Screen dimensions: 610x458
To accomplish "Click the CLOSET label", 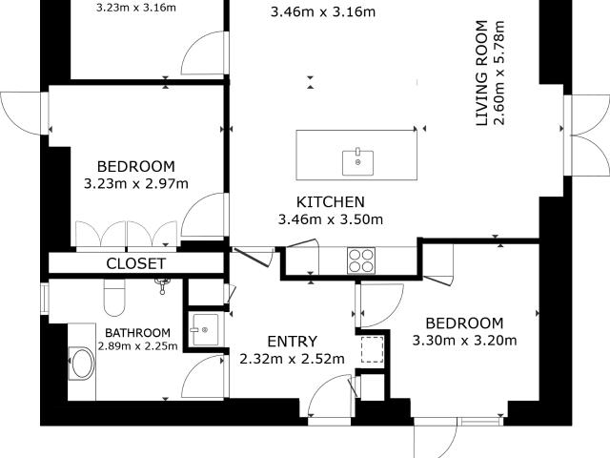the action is pyautogui.click(x=135, y=263).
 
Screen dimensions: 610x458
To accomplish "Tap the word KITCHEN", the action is pyautogui.click(x=331, y=202).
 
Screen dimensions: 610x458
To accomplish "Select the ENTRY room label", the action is pyautogui.click(x=293, y=342).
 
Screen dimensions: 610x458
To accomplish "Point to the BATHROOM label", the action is pyautogui.click(x=137, y=333).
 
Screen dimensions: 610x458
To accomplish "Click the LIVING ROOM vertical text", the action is pyautogui.click(x=482, y=73).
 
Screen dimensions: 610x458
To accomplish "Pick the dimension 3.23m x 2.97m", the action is pyautogui.click(x=136, y=183).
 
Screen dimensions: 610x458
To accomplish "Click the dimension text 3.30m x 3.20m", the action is pyautogui.click(x=464, y=341).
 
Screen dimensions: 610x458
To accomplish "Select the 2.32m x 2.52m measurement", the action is pyautogui.click(x=293, y=359).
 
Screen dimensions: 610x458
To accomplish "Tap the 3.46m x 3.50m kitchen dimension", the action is pyautogui.click(x=331, y=219).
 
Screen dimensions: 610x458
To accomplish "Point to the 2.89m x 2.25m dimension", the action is pyautogui.click(x=137, y=345).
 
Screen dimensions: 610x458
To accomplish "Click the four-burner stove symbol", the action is pyautogui.click(x=361, y=260).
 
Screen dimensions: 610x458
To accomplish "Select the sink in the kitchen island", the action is pyautogui.click(x=358, y=162).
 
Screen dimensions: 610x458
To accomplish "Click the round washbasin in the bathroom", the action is pyautogui.click(x=81, y=363).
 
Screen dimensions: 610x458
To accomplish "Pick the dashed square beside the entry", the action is pyautogui.click(x=373, y=350).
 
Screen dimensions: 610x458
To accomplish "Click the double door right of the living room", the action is pyautogui.click(x=587, y=135).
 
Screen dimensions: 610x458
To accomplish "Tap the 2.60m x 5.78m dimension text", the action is pyautogui.click(x=499, y=73).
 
